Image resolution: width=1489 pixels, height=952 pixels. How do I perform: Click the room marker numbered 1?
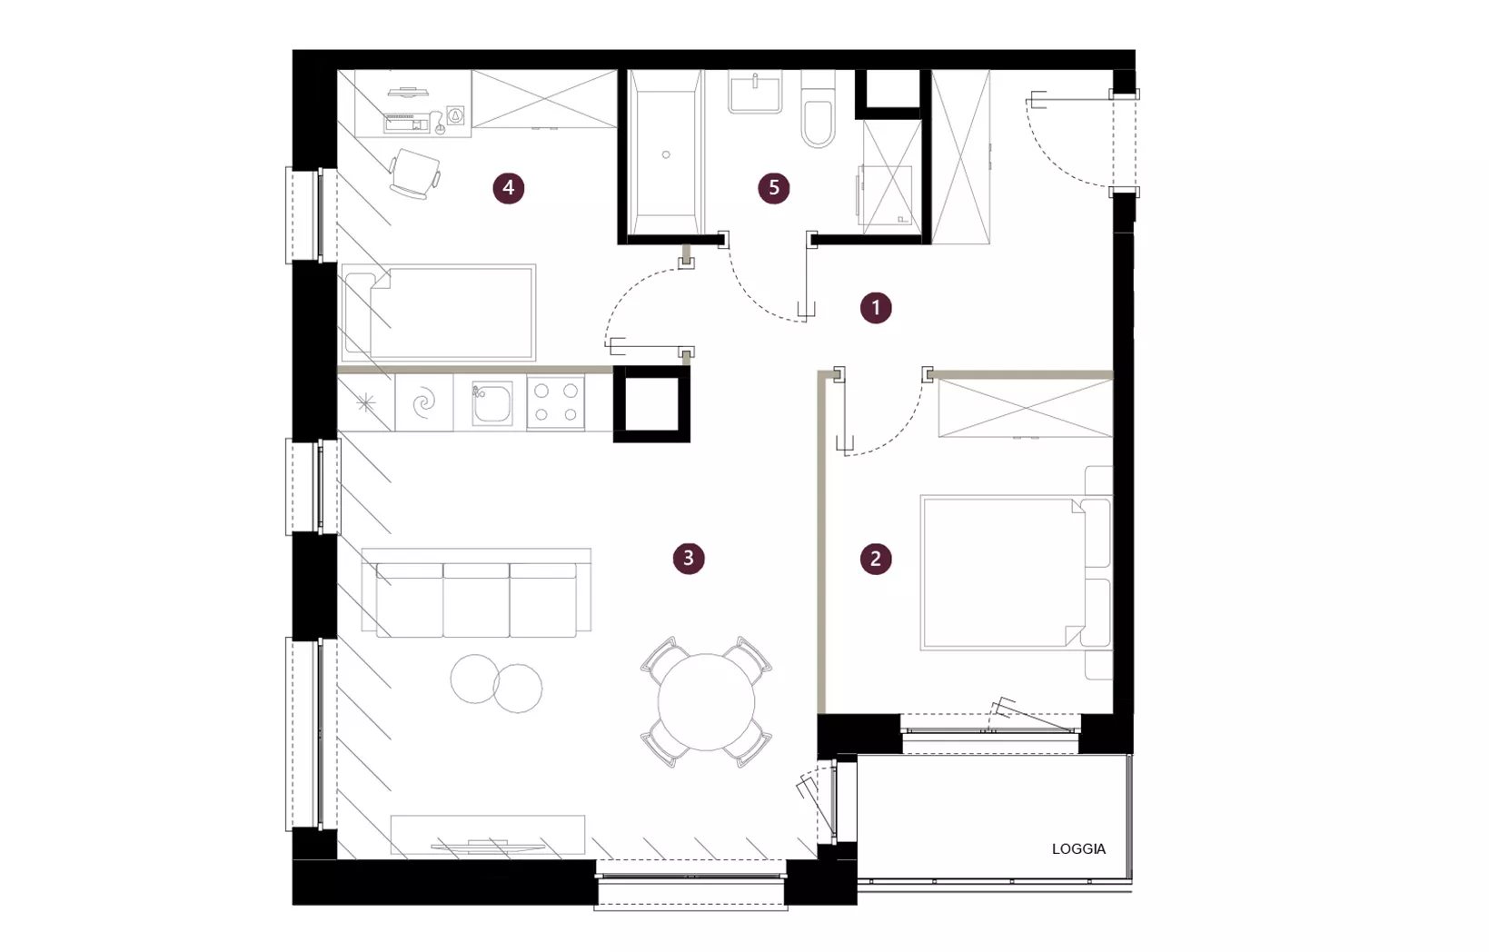[876, 308]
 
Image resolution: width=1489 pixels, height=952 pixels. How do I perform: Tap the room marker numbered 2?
[876, 559]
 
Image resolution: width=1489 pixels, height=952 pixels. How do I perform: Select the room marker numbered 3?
[688, 558]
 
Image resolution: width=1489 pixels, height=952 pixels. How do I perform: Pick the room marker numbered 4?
[509, 188]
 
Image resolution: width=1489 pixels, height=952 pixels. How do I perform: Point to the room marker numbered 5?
[774, 188]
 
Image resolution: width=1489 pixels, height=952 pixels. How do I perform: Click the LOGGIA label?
[1078, 849]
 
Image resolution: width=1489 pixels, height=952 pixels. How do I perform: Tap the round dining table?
[706, 702]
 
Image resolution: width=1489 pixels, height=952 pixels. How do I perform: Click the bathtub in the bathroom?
[665, 153]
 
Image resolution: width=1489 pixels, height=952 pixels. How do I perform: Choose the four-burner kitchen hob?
[556, 402]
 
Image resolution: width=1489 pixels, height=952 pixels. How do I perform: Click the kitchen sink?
[491, 402]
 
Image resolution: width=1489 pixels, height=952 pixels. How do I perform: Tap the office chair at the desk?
[414, 174]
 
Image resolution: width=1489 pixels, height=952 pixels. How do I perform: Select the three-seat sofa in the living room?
[476, 592]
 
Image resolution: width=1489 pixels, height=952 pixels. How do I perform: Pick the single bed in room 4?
[438, 312]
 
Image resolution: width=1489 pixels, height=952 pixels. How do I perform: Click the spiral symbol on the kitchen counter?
[423, 402]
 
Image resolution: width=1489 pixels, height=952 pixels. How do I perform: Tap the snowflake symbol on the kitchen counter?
[365, 402]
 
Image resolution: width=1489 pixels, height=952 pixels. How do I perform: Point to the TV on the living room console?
[488, 846]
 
